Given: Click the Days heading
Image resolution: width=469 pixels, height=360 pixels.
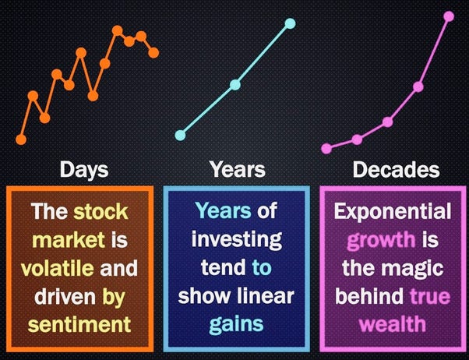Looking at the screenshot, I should pyautogui.click(x=84, y=169).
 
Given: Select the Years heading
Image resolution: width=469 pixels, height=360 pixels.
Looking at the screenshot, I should pyautogui.click(x=238, y=169).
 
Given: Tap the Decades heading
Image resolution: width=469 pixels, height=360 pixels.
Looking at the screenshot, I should pyautogui.click(x=396, y=169).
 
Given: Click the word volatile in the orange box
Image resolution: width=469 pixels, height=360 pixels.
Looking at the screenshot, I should pyautogui.click(x=57, y=268).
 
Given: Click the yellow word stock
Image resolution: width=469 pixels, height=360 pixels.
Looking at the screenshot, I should pyautogui.click(x=101, y=211).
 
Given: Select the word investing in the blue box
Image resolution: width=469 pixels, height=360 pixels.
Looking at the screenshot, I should pyautogui.click(x=237, y=239).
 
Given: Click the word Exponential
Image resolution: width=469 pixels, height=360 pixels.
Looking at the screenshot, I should pyautogui.click(x=393, y=211).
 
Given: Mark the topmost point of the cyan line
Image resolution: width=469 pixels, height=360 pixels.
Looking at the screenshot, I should pyautogui.click(x=290, y=23).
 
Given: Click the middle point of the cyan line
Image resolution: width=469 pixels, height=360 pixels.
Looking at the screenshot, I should pyautogui.click(x=235, y=86).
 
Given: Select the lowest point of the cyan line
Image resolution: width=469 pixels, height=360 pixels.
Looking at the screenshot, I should pyautogui.click(x=181, y=135).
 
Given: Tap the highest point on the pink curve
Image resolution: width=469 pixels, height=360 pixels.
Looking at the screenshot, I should pyautogui.click(x=449, y=16).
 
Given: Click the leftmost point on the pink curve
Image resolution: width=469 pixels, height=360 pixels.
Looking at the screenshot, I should pyautogui.click(x=326, y=147).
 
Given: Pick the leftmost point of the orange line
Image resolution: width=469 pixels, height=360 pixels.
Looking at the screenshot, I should pyautogui.click(x=21, y=139).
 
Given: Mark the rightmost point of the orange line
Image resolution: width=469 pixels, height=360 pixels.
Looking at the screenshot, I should pyautogui.click(x=153, y=53).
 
